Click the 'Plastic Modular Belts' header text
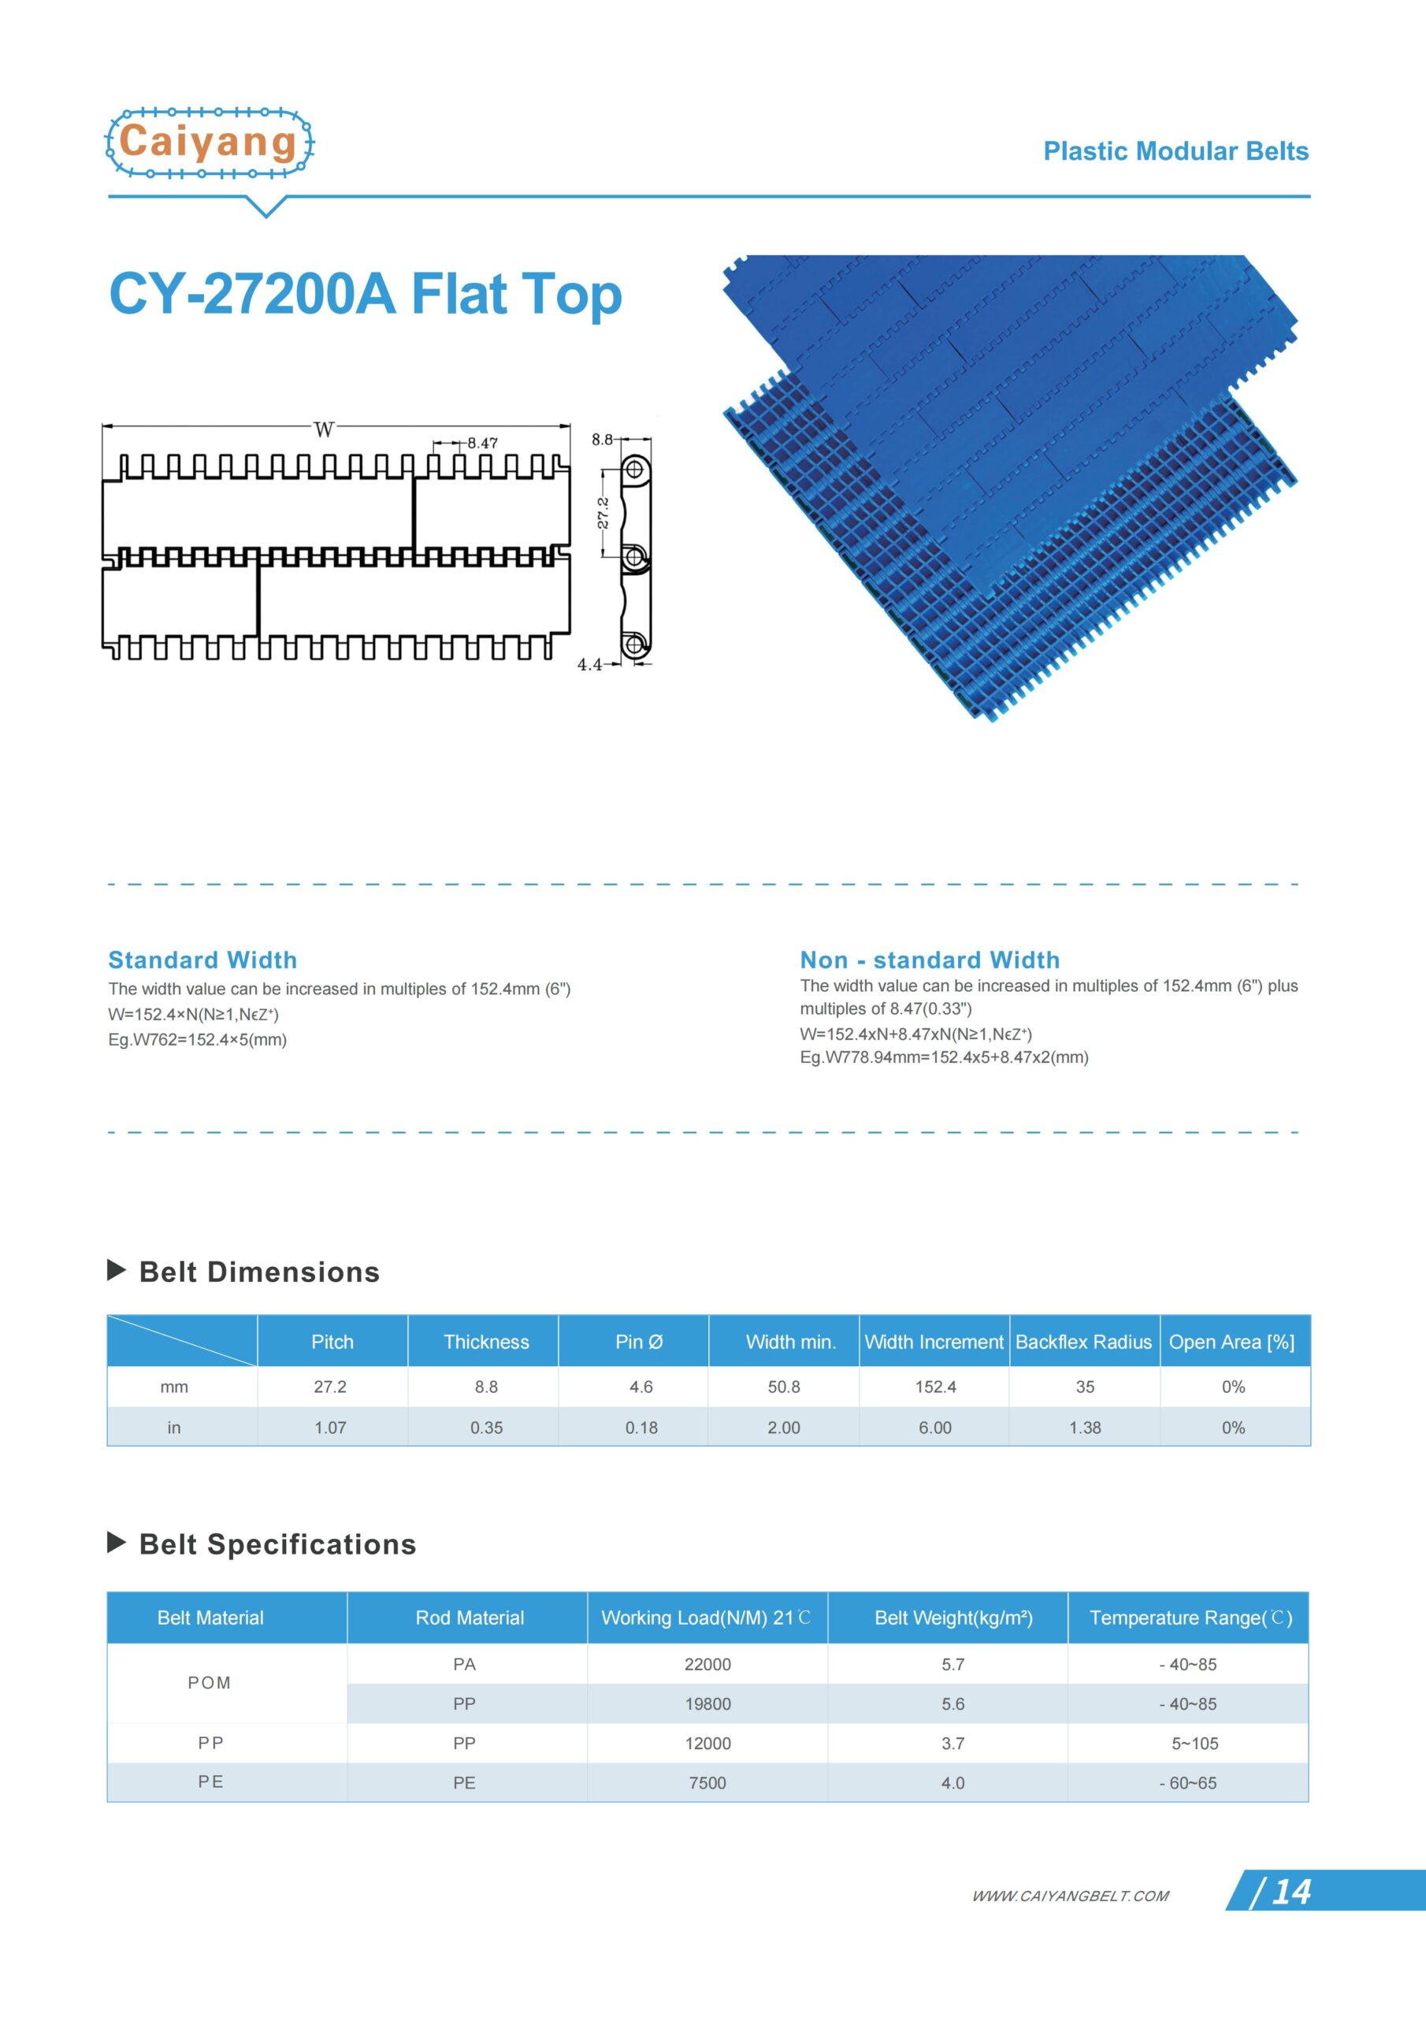1175,151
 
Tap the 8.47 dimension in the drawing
481,443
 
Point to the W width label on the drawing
325,429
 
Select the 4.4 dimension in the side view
589,664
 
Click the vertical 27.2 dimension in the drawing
603,513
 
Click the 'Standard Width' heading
202,960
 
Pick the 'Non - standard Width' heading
930,960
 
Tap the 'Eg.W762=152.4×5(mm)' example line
198,1039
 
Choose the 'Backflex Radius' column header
1083,1342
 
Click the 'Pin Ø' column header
639,1342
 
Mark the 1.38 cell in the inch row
1085,1428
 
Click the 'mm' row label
174,1387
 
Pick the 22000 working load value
707,1664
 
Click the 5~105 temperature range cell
1194,1743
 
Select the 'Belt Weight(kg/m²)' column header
953,1618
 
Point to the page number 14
1290,1892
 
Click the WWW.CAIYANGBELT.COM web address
1070,1896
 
